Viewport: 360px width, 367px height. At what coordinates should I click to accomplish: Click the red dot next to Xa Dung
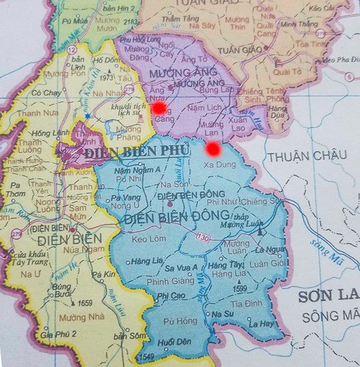pos(213,150)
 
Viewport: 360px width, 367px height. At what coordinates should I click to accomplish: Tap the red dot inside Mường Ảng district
pos(159,108)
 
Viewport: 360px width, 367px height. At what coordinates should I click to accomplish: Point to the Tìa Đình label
pos(245,303)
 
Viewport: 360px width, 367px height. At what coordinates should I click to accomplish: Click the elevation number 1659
pos(84,302)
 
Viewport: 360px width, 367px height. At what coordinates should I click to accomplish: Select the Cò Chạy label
pos(46,93)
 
